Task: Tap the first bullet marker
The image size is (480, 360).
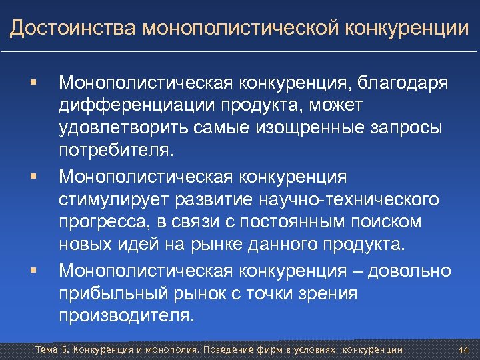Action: tap(31, 85)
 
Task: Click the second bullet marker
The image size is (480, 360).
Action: tap(31, 178)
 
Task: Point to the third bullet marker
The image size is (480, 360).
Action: tap(31, 271)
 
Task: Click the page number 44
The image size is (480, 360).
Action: tap(464, 350)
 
